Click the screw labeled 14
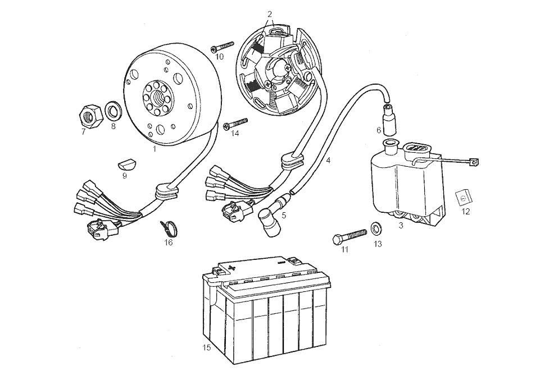point(235,124)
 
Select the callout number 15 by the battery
point(206,347)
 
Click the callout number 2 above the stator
point(270,13)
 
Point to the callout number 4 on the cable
point(328,161)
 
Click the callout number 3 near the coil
point(401,226)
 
